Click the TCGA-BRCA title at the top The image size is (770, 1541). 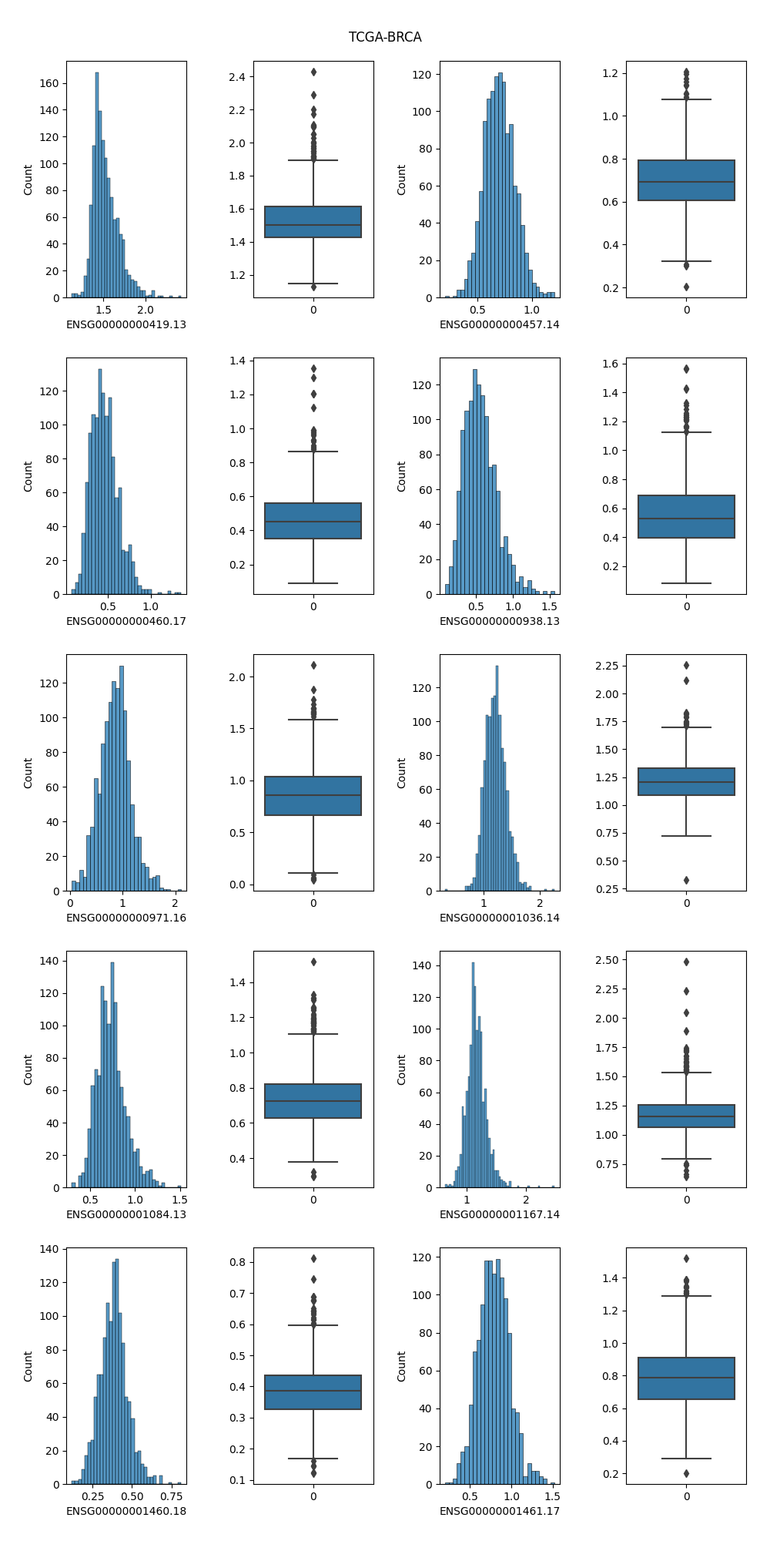[385, 37]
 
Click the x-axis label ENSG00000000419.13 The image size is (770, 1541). [126, 324]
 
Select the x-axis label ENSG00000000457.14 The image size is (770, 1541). [500, 324]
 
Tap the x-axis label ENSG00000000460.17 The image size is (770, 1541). [126, 621]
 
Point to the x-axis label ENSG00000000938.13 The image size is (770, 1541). [500, 621]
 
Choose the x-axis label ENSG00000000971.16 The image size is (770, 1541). [126, 918]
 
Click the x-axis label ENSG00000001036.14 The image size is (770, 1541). [500, 918]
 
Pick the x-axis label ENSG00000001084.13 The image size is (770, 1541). [126, 1214]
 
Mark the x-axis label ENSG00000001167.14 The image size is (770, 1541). [500, 1214]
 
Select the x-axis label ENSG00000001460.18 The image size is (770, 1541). [126, 1511]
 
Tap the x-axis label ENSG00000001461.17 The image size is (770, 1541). [500, 1511]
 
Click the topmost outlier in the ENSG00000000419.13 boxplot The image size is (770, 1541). [313, 72]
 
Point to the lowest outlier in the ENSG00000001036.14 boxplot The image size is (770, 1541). [687, 880]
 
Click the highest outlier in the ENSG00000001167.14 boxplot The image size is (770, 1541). [687, 962]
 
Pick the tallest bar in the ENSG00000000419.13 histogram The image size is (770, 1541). [97, 185]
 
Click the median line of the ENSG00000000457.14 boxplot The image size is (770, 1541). [687, 182]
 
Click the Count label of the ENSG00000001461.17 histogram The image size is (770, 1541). [401, 1366]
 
